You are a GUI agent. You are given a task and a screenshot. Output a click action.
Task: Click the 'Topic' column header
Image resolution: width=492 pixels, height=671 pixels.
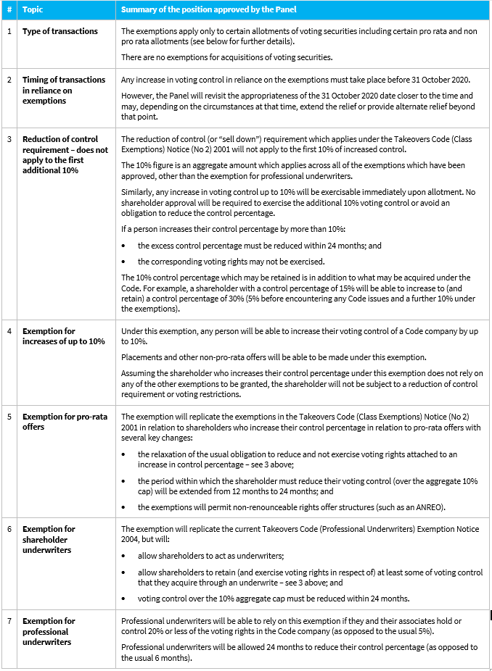[33, 9]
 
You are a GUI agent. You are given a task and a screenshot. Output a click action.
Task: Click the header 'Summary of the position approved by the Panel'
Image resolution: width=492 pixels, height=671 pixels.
[209, 9]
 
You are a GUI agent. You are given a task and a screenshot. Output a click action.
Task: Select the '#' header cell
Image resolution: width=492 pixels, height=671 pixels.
[9, 9]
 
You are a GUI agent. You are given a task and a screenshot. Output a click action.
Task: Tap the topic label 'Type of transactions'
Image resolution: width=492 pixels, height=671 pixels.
[60, 31]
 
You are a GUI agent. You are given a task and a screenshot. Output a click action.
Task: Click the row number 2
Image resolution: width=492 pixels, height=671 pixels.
[9, 80]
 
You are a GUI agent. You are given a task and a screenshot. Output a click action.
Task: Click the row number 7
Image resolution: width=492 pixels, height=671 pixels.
[9, 621]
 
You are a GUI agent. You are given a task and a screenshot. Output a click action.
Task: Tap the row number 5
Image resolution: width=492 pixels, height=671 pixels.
[9, 417]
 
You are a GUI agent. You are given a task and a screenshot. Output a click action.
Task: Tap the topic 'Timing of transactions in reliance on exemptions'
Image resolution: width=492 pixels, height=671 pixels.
[64, 90]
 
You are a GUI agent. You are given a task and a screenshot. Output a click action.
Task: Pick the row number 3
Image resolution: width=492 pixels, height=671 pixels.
[9, 138]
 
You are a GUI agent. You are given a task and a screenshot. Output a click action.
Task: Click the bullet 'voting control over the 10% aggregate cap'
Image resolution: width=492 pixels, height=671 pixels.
[273, 598]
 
